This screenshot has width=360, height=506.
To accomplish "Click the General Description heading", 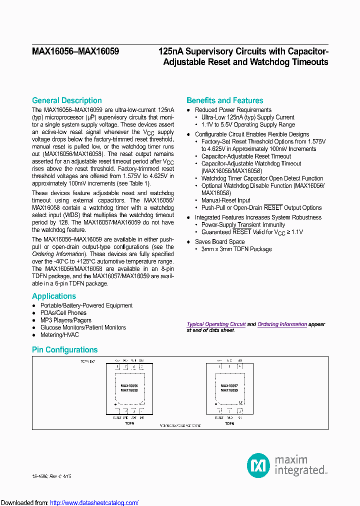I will coord(66,100).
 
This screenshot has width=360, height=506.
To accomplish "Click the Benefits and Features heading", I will coord(224,100).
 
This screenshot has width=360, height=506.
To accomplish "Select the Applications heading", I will coord(54,296).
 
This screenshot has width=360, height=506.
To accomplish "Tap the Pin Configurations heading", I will coord(64,350).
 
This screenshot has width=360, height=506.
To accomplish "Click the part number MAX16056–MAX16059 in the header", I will coord(75,51).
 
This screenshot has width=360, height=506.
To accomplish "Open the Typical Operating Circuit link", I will coord(216,324).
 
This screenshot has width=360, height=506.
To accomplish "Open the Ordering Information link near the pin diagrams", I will coord(282,324).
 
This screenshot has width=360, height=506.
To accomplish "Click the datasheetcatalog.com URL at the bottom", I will coord(94,502).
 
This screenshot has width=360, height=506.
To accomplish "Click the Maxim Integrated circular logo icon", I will coord(258,465).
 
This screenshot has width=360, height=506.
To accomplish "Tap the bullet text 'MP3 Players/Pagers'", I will coord(65,320).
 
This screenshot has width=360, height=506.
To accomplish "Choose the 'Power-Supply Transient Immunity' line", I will coord(243,225).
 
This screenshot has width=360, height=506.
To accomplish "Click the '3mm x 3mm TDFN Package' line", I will coord(236,249).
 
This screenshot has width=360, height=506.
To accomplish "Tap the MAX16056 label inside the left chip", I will coord(129,386).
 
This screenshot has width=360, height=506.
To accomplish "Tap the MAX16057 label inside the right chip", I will coord(229,386).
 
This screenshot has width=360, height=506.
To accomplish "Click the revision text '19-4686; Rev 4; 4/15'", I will coord(51,476).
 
